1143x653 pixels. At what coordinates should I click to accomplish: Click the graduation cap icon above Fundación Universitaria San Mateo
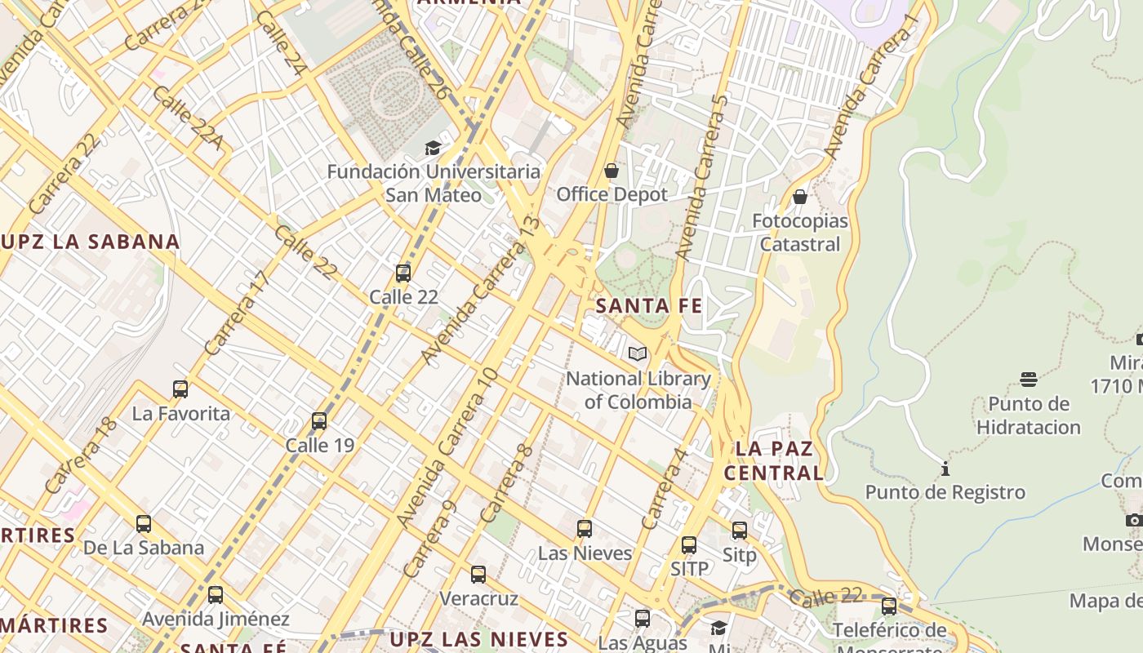point(433,148)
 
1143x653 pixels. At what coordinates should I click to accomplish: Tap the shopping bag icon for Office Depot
point(612,171)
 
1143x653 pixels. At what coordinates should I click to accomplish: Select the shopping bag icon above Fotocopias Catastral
point(800,197)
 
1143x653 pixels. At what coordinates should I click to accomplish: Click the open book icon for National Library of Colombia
point(638,353)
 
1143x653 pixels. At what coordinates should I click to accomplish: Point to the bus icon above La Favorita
point(180,389)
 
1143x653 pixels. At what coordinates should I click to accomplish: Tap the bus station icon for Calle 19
point(319,421)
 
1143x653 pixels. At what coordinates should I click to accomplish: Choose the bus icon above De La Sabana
point(144,523)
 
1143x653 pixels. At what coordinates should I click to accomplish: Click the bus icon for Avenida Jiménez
point(216,595)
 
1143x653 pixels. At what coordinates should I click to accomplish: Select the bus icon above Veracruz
point(478,575)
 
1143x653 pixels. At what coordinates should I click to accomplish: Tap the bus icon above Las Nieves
point(585,528)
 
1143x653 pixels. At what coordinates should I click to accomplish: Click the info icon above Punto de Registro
point(945,469)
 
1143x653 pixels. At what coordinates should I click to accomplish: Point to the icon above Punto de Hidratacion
point(1029,380)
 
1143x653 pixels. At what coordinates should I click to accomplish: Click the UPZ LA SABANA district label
point(90,242)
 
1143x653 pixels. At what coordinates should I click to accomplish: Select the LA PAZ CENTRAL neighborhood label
point(774,460)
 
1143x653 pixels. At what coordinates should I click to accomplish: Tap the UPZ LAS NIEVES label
point(478,638)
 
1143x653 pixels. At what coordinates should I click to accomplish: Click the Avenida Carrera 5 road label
point(702,177)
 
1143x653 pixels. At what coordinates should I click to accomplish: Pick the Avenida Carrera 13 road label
point(481,290)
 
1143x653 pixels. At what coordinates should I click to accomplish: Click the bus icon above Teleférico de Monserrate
point(889,606)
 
